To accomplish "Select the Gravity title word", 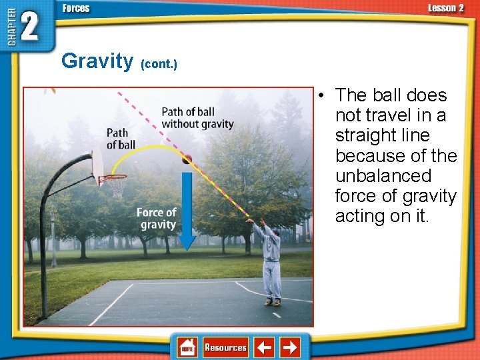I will coord(97,61).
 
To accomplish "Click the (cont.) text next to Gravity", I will coord(159,65).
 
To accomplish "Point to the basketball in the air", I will coord(187,159).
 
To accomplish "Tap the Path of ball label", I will coord(121,139).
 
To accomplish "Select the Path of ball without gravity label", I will coord(197,117).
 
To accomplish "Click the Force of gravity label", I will coord(157,218).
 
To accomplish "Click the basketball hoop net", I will coord(117,188).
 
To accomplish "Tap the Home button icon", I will coord(187,347).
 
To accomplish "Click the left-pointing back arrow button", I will coord(265,347).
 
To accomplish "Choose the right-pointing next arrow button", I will coord(290,347).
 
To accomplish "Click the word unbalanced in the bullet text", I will coord(383,176).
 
